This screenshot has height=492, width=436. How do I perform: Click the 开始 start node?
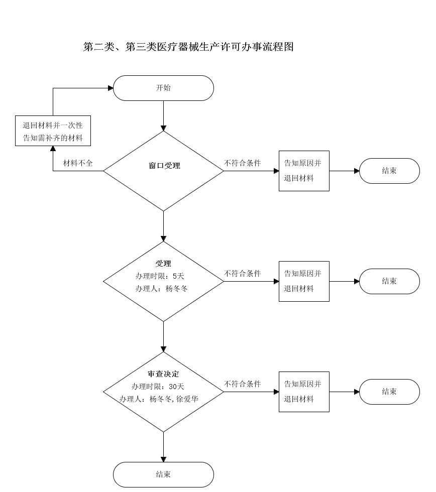163,88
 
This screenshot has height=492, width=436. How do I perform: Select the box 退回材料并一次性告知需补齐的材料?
53,131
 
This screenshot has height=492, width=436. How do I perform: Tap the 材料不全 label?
77,164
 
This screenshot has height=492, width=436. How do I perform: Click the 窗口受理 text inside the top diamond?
164,166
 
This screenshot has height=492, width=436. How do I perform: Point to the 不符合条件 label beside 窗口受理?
242,164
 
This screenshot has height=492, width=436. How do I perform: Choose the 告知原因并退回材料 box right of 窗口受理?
304,171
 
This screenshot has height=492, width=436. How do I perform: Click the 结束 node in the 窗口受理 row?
389,171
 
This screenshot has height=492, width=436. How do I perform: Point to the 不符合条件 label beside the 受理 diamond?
242,274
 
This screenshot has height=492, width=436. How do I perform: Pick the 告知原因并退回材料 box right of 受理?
304,281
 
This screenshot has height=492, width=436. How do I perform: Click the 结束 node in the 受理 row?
389,281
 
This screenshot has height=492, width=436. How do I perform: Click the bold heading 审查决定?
163,375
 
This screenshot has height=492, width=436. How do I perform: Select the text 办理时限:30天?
158,387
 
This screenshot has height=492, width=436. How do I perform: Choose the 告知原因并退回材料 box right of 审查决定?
304,392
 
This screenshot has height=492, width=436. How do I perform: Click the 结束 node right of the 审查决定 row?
389,392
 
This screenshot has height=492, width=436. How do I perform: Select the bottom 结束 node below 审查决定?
163,474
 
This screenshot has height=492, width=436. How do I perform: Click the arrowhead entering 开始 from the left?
110,88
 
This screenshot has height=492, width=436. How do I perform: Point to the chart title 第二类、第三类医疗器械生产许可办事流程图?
188,47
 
